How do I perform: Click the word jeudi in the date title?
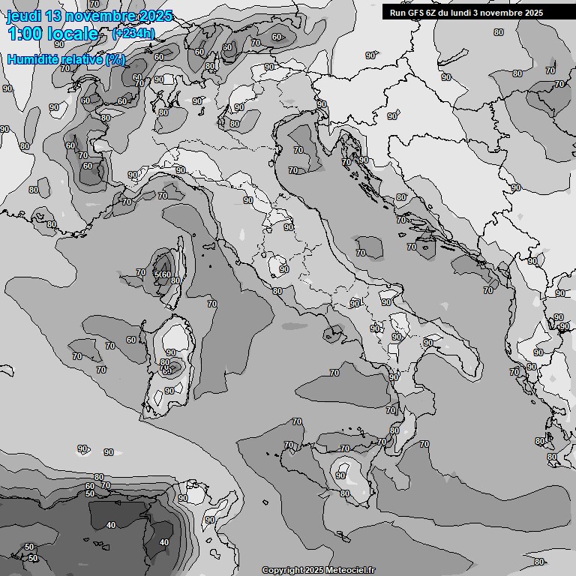point(25,16)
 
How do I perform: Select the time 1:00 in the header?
point(24,34)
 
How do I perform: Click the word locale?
point(73,34)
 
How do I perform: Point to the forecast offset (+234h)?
point(133,34)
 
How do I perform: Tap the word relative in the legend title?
point(83,59)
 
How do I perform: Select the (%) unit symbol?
point(115,59)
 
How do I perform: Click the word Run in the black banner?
point(397,13)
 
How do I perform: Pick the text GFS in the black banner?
point(415,13)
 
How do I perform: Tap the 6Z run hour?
point(433,13)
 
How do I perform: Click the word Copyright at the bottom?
point(282,570)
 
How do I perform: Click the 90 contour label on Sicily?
point(340,475)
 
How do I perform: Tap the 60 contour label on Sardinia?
point(167,370)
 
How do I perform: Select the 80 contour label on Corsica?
point(175,281)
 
